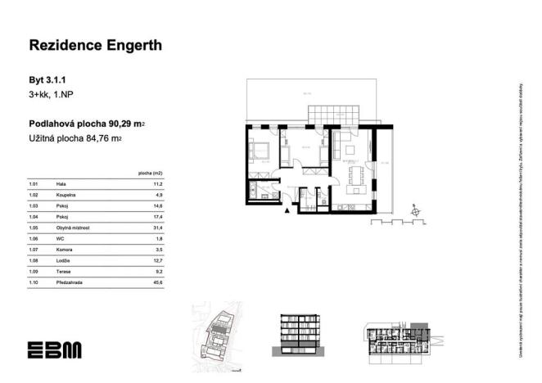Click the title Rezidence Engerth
(x=96, y=46)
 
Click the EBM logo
(x=54, y=349)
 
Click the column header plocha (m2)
(x=151, y=174)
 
